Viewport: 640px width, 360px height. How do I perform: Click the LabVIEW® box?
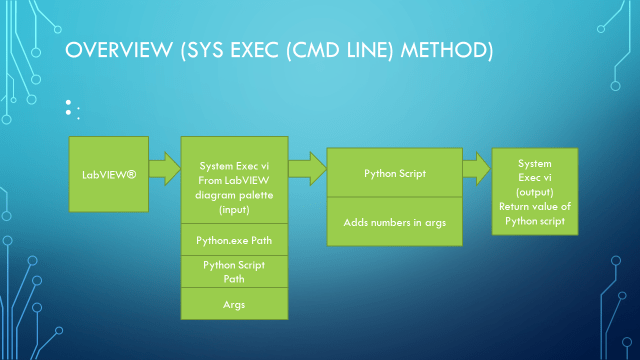109,173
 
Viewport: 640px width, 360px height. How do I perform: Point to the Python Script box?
395,173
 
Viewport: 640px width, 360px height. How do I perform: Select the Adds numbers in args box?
395,220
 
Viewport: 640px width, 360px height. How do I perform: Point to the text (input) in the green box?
233,211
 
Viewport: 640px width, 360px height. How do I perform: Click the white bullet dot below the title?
69,103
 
